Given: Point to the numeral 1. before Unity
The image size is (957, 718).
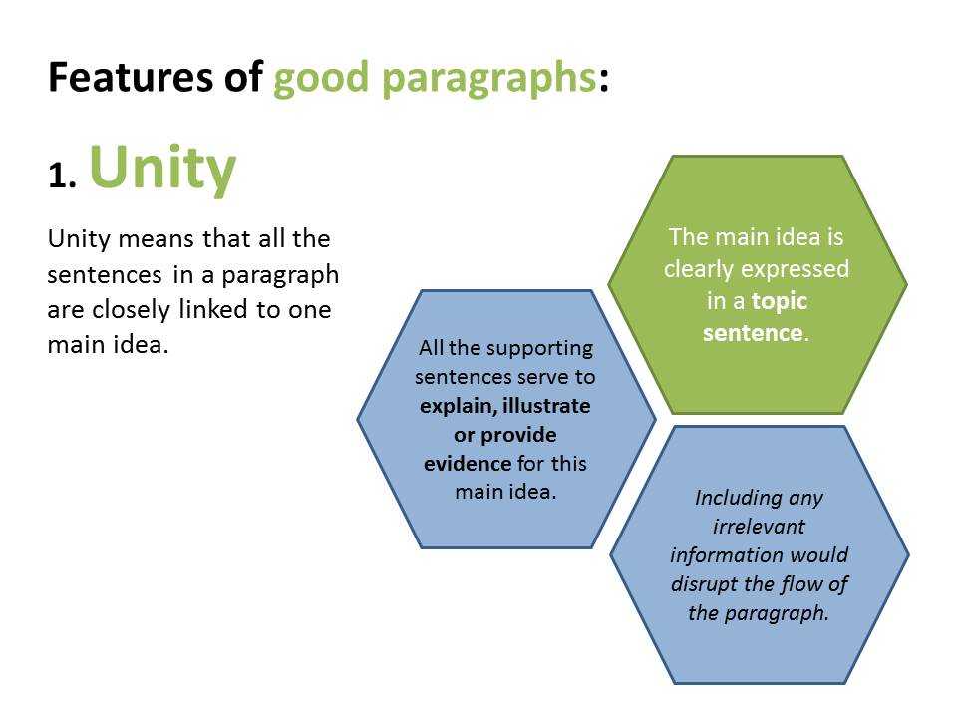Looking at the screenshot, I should [62, 178].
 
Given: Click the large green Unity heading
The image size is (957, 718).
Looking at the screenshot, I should [162, 170].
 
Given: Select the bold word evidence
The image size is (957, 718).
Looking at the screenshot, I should [468, 464].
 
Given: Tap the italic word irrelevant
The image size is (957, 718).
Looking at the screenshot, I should [759, 526].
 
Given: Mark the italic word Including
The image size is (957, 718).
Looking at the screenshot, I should [739, 497].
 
